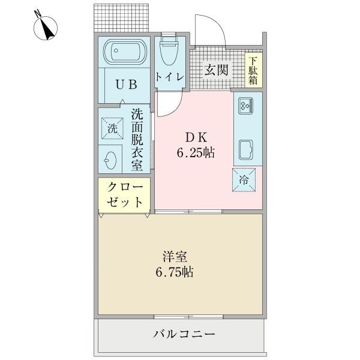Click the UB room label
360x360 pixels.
(126, 85)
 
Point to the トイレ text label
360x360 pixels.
(169, 77)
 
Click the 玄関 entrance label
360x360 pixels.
(217, 70)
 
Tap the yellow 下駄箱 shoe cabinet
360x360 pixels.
(254, 70)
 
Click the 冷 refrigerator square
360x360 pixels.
(246, 179)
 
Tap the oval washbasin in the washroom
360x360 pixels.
(111, 160)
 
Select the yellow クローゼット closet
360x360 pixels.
(125, 194)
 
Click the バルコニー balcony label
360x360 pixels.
(184, 334)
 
